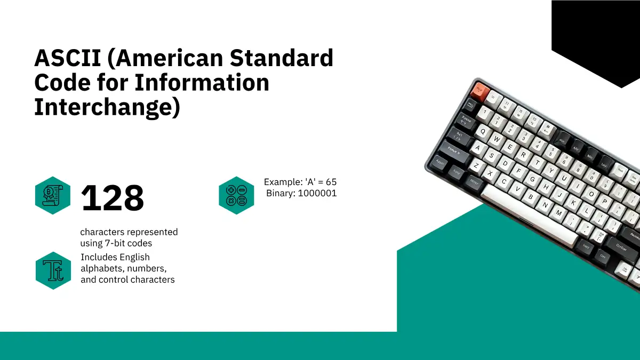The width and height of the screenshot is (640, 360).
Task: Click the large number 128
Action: pyautogui.click(x=113, y=198)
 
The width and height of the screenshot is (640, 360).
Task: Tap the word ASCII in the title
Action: pyautogui.click(x=67, y=58)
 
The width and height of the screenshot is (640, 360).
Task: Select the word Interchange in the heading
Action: pyautogui.click(x=107, y=107)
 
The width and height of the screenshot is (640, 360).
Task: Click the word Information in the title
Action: pyautogui.click(x=202, y=83)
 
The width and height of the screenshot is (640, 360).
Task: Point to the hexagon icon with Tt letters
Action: pyautogui.click(x=53, y=270)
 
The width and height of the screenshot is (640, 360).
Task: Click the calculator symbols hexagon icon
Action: pyautogui.click(x=236, y=195)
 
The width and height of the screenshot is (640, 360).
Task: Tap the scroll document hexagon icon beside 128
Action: pyautogui.click(x=53, y=195)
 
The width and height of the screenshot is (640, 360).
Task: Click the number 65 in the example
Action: pyautogui.click(x=331, y=182)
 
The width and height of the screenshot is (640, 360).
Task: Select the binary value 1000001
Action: pyautogui.click(x=317, y=194)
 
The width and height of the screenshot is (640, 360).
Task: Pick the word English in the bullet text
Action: pyautogui.click(x=134, y=258)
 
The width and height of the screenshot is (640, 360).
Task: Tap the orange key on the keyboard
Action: pyautogui.click(x=480, y=91)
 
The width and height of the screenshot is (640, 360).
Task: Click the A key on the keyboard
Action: pyautogui.click(x=478, y=148)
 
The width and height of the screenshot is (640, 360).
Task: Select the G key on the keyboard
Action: pyautogui.click(x=532, y=179)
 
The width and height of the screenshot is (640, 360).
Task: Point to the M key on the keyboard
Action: pyautogui.click(x=559, y=213)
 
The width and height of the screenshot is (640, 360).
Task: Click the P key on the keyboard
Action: pyautogui.click(x=605, y=201)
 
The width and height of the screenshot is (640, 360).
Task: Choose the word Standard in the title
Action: pyautogui.click(x=282, y=58)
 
